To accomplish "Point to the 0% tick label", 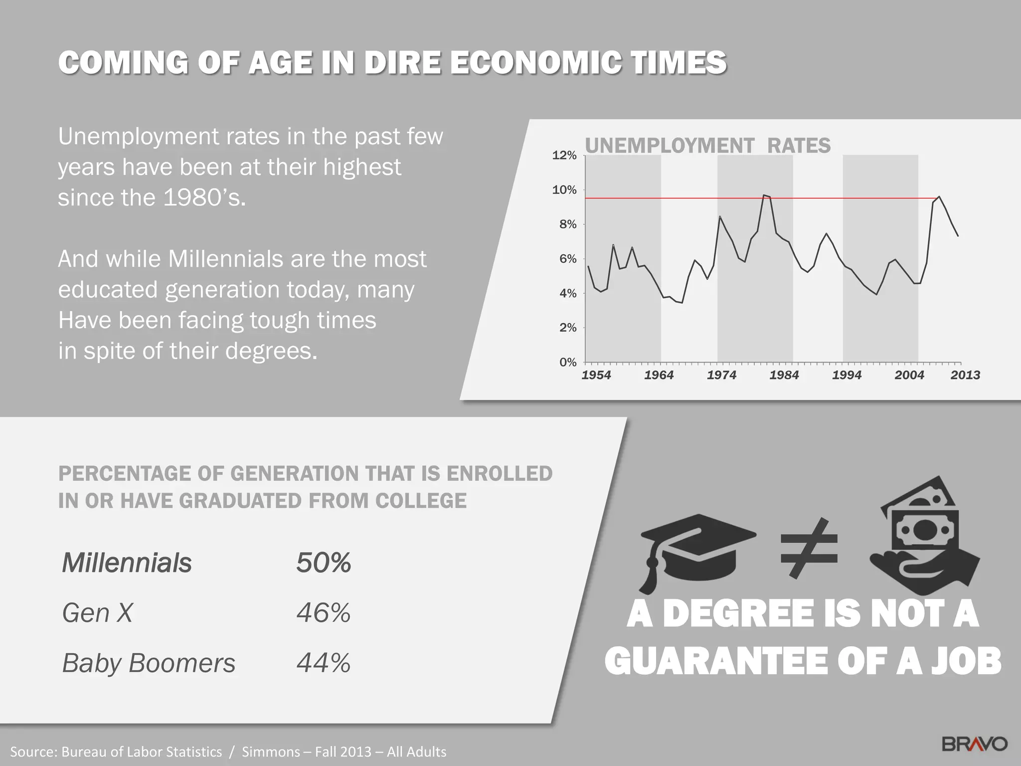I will tap(568, 363).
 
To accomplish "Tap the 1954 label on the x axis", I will tap(596, 376).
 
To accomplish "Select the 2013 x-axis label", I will tap(965, 376).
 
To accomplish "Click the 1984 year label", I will tap(784, 376).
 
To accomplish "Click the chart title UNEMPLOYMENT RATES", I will tap(707, 146).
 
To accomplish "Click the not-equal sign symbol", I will tap(809, 549).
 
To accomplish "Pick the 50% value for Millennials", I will tap(324, 563).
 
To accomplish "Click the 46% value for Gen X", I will tap(324, 613).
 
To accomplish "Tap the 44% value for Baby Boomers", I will tap(324, 663).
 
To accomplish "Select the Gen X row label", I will tap(98, 613).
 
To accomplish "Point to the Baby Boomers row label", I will tap(149, 663).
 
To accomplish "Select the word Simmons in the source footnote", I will tap(271, 752).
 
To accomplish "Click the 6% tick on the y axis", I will tap(568, 259).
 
